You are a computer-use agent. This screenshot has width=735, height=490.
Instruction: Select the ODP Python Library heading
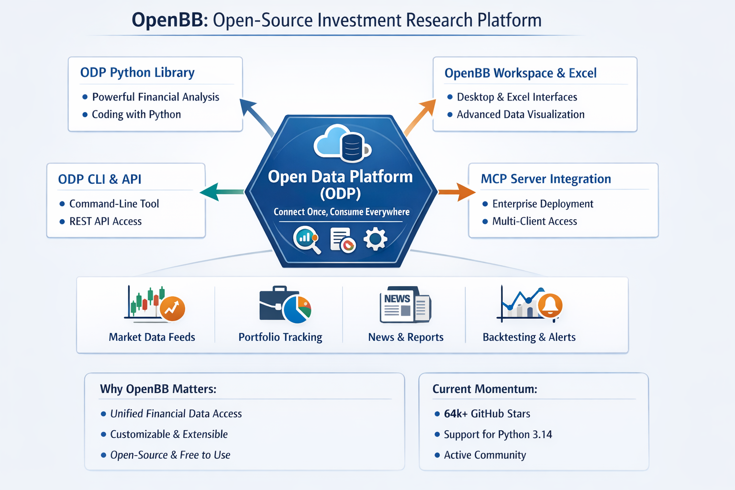click(x=137, y=73)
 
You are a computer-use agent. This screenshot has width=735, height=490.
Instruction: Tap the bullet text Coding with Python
click(x=136, y=114)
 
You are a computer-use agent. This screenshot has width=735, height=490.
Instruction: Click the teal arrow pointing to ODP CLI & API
click(x=221, y=192)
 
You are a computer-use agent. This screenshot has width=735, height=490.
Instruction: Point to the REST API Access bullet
click(x=105, y=222)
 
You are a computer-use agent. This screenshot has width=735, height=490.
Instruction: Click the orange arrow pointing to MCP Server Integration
click(x=457, y=192)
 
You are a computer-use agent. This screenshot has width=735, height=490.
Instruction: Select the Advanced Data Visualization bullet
click(x=521, y=114)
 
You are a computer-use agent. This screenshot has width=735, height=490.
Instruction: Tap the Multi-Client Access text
click(x=535, y=222)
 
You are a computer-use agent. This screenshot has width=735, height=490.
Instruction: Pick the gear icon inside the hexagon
click(x=375, y=239)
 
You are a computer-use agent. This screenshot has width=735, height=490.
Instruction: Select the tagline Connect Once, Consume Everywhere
click(x=341, y=212)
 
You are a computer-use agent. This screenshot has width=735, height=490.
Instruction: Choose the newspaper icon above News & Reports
click(x=405, y=305)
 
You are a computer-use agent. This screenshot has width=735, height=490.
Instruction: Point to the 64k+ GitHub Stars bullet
click(x=487, y=414)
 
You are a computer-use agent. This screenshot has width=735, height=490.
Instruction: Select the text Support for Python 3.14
click(x=498, y=434)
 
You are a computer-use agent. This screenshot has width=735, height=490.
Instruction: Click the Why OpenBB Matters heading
click(x=158, y=389)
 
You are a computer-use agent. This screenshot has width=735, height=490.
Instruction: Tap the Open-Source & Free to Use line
click(x=170, y=455)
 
